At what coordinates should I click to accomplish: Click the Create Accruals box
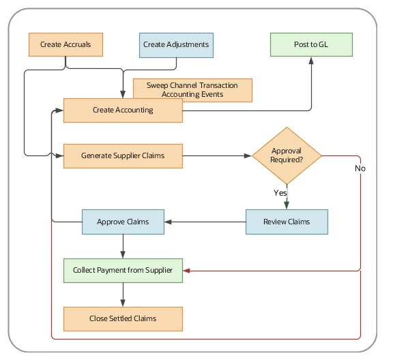point(65,44)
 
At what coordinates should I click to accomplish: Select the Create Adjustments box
point(176,44)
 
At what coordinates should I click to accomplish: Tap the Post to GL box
point(310,44)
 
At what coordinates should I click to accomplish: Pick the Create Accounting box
point(123,110)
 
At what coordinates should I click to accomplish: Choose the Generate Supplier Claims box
point(123,155)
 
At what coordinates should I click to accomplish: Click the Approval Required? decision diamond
point(287,155)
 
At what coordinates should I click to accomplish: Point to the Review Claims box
point(287,222)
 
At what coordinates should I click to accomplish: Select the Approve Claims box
point(123,222)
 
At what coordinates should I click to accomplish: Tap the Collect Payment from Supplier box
point(123,271)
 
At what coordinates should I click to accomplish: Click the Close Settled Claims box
point(123,318)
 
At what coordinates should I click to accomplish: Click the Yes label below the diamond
point(280,193)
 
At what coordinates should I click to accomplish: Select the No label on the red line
point(360,168)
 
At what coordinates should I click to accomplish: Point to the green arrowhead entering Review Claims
point(287,205)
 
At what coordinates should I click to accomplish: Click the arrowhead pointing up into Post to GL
point(311,61)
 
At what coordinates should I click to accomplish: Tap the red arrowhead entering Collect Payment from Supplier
point(188,271)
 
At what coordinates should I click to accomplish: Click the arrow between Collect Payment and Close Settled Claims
point(123,295)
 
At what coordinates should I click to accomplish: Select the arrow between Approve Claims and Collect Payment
point(123,246)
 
